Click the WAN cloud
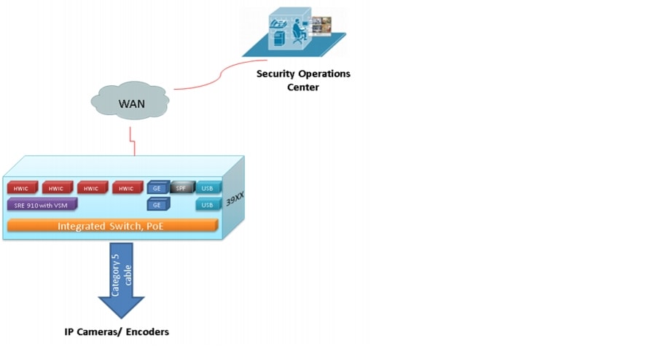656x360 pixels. click(131, 103)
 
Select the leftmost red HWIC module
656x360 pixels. click(22, 189)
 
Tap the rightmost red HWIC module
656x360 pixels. click(126, 189)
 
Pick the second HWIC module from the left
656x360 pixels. click(57, 189)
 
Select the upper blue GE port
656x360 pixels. click(157, 188)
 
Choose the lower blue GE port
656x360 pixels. click(157, 206)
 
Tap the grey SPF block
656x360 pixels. click(181, 188)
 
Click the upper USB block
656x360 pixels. click(207, 188)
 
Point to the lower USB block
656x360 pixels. click(207, 206)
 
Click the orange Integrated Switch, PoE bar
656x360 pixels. click(112, 226)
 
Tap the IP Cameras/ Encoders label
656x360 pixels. click(117, 332)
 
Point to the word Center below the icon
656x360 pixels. click(302, 87)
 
